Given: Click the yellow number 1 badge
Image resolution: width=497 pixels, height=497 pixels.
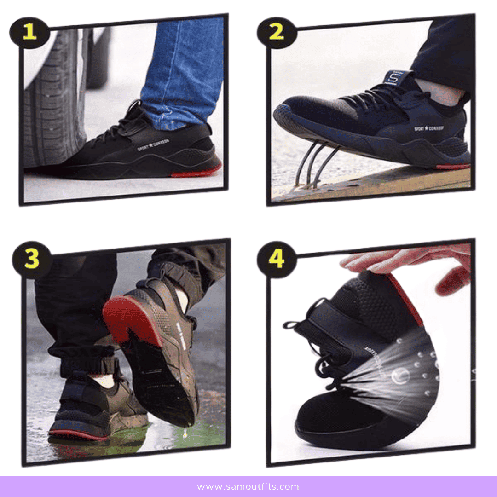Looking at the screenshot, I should point(29,32).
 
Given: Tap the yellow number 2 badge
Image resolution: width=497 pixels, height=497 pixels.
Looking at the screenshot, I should point(277,32).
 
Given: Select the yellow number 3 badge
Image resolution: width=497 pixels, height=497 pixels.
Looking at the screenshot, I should point(32,260).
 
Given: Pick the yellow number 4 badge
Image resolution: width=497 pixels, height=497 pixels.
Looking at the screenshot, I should point(277,260).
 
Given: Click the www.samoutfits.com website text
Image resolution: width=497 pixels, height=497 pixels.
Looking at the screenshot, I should point(248,487).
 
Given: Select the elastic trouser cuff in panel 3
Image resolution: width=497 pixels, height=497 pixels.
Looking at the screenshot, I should point(87,364).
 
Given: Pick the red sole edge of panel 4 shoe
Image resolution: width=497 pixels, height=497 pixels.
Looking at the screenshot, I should point(405,299).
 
